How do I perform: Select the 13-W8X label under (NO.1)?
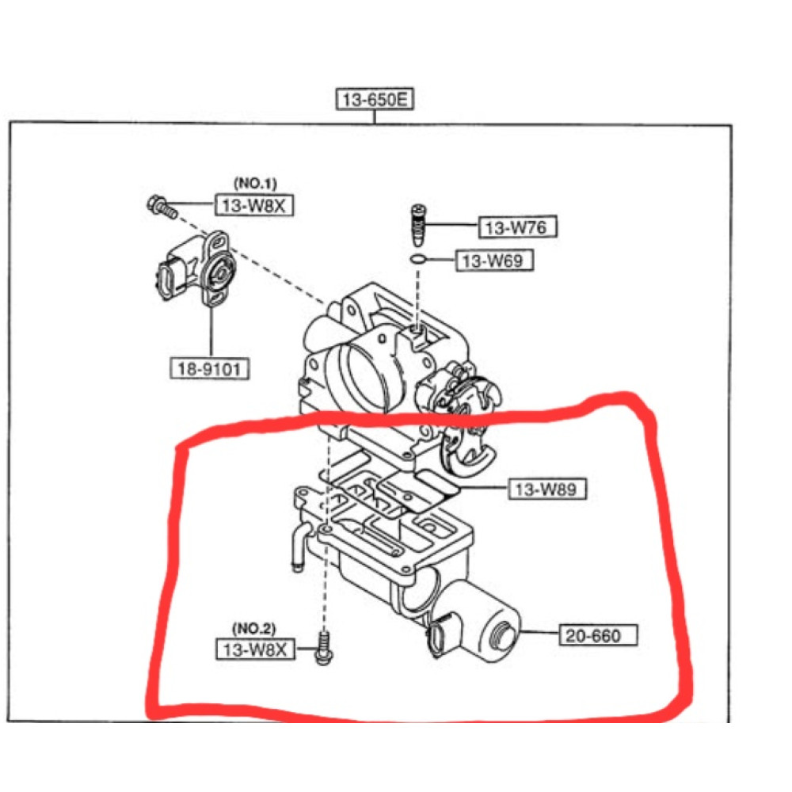point(255,204)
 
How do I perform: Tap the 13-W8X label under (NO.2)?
point(255,649)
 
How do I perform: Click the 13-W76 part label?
point(516,228)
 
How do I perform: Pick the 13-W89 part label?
point(546,489)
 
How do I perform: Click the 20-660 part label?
point(600,634)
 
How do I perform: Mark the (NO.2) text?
point(254,629)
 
